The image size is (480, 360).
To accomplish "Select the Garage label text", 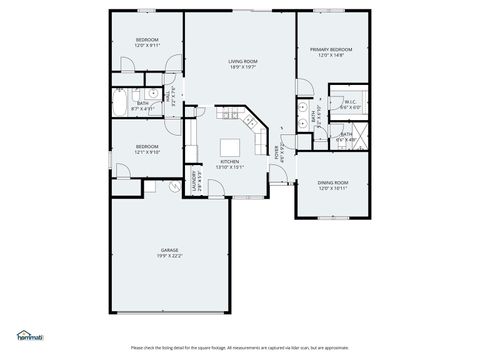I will (168, 250).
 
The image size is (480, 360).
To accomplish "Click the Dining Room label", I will (333, 183).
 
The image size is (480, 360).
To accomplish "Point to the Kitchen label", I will (230, 161).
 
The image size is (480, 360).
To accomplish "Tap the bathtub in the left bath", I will (118, 103).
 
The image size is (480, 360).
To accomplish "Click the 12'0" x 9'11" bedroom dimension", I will (147, 46).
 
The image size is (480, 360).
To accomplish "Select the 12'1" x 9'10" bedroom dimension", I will (147, 153).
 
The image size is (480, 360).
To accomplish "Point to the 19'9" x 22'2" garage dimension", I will (168, 256).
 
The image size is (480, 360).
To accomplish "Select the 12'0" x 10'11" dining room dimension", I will (333, 189).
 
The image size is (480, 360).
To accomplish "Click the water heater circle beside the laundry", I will (172, 187).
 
